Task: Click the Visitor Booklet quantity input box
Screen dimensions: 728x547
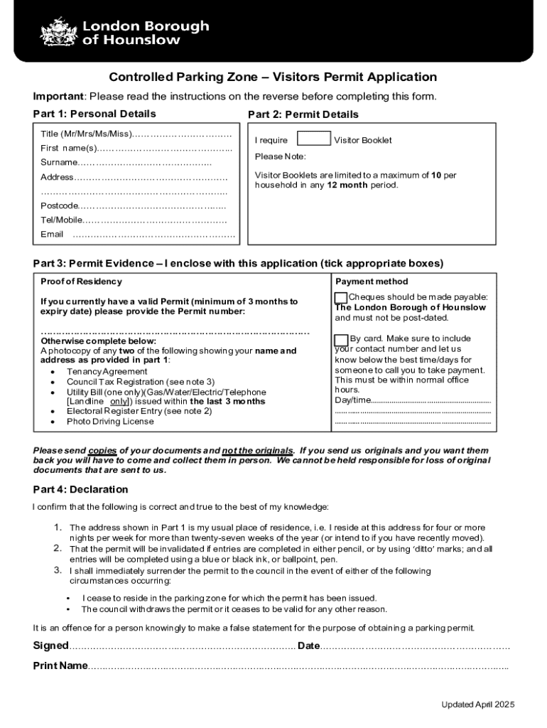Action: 313,139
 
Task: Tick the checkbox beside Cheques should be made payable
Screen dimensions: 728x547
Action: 341,298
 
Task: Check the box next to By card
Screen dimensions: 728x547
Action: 341,340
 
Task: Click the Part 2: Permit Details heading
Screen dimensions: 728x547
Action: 303,114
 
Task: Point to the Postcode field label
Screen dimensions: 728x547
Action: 59,205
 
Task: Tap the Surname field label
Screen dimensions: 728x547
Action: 59,163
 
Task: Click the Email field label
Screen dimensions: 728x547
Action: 52,234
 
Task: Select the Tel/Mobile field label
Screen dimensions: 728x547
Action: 62,220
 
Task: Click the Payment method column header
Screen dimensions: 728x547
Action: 372,282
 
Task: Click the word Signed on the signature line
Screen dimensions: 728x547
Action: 51,646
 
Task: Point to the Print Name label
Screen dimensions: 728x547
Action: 60,665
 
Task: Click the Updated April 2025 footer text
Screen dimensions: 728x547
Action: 477,705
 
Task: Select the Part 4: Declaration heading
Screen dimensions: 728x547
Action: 80,489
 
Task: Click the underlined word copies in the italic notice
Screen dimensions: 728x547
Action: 102,451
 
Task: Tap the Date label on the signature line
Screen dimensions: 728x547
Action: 309,646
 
